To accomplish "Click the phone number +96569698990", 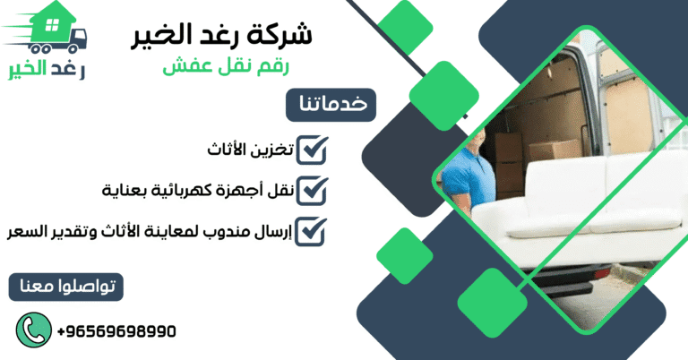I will click(x=116, y=331).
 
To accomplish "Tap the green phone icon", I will click(x=31, y=330).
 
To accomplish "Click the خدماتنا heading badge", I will click(x=332, y=104).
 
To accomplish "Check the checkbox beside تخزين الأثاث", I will click(x=311, y=150).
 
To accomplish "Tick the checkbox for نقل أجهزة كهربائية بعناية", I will click(x=311, y=191).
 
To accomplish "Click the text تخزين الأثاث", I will click(x=245, y=150).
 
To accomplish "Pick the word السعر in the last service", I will click(x=26, y=231).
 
